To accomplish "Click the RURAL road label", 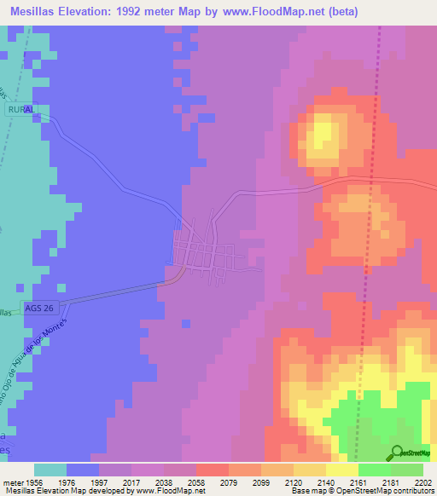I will (x=22, y=111).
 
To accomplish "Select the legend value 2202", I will (x=423, y=482).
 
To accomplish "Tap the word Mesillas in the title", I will (x=39, y=11).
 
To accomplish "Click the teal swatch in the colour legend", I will (x=50, y=470).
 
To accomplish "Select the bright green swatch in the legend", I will (x=375, y=470).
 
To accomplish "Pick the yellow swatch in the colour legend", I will (x=342, y=470).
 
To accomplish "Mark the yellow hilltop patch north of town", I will (x=323, y=136).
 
